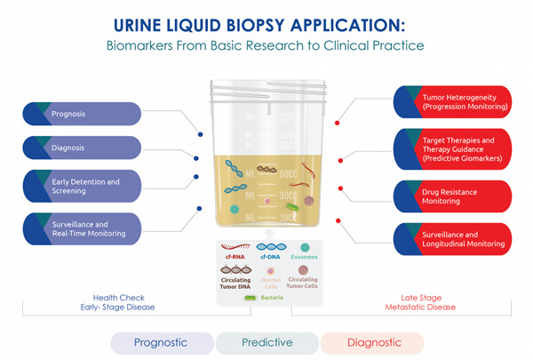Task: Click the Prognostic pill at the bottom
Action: (x=162, y=342)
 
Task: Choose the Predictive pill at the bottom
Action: (x=266, y=342)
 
